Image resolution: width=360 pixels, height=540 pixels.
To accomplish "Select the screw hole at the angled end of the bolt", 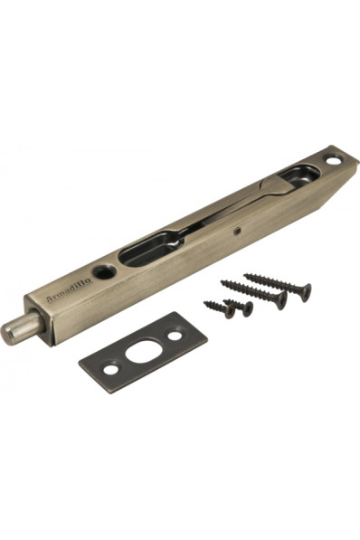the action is click(334, 160).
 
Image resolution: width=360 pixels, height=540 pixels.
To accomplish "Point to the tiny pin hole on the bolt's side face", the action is click(236, 232).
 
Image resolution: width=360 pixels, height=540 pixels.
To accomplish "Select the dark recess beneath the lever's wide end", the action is click(299, 175).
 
